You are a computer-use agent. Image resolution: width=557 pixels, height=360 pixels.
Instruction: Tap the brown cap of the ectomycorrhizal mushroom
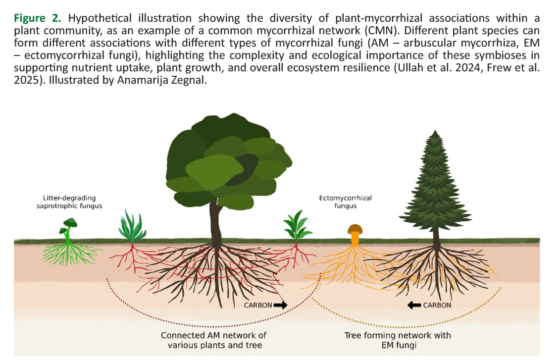tap(354, 229)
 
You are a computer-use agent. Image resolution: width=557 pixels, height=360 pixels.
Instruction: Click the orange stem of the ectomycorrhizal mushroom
tap(354, 238)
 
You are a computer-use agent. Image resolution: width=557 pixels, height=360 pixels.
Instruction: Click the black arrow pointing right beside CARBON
tap(280, 305)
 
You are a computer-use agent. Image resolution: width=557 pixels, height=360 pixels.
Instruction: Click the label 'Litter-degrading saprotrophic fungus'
tap(69, 202)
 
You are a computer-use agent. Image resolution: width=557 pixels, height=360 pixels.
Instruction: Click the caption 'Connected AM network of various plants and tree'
tap(214, 340)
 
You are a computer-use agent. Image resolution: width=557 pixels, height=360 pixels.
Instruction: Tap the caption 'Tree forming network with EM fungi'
tap(398, 340)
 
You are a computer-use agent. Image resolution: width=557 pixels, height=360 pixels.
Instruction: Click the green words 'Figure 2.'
tap(39, 19)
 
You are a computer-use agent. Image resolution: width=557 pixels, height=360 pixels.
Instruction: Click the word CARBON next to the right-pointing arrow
tap(258, 305)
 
